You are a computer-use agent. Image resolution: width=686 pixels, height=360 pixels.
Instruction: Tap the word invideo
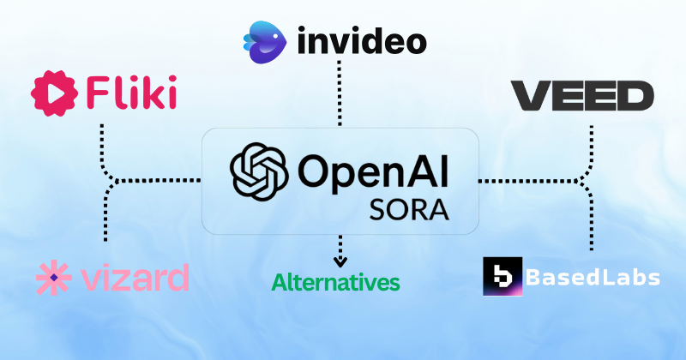pyautogui.click(x=362, y=39)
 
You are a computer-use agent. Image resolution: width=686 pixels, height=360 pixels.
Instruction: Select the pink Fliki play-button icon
pyautogui.click(x=51, y=93)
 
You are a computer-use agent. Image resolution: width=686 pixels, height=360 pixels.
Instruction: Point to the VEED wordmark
pyautogui.click(x=582, y=95)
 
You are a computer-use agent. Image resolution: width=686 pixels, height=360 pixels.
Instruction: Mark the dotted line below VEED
pyautogui.click(x=591, y=146)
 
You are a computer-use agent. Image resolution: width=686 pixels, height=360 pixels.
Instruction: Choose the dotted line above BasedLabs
pyautogui.click(x=591, y=219)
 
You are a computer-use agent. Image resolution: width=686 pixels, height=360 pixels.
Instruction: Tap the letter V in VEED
pyautogui.click(x=528, y=95)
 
